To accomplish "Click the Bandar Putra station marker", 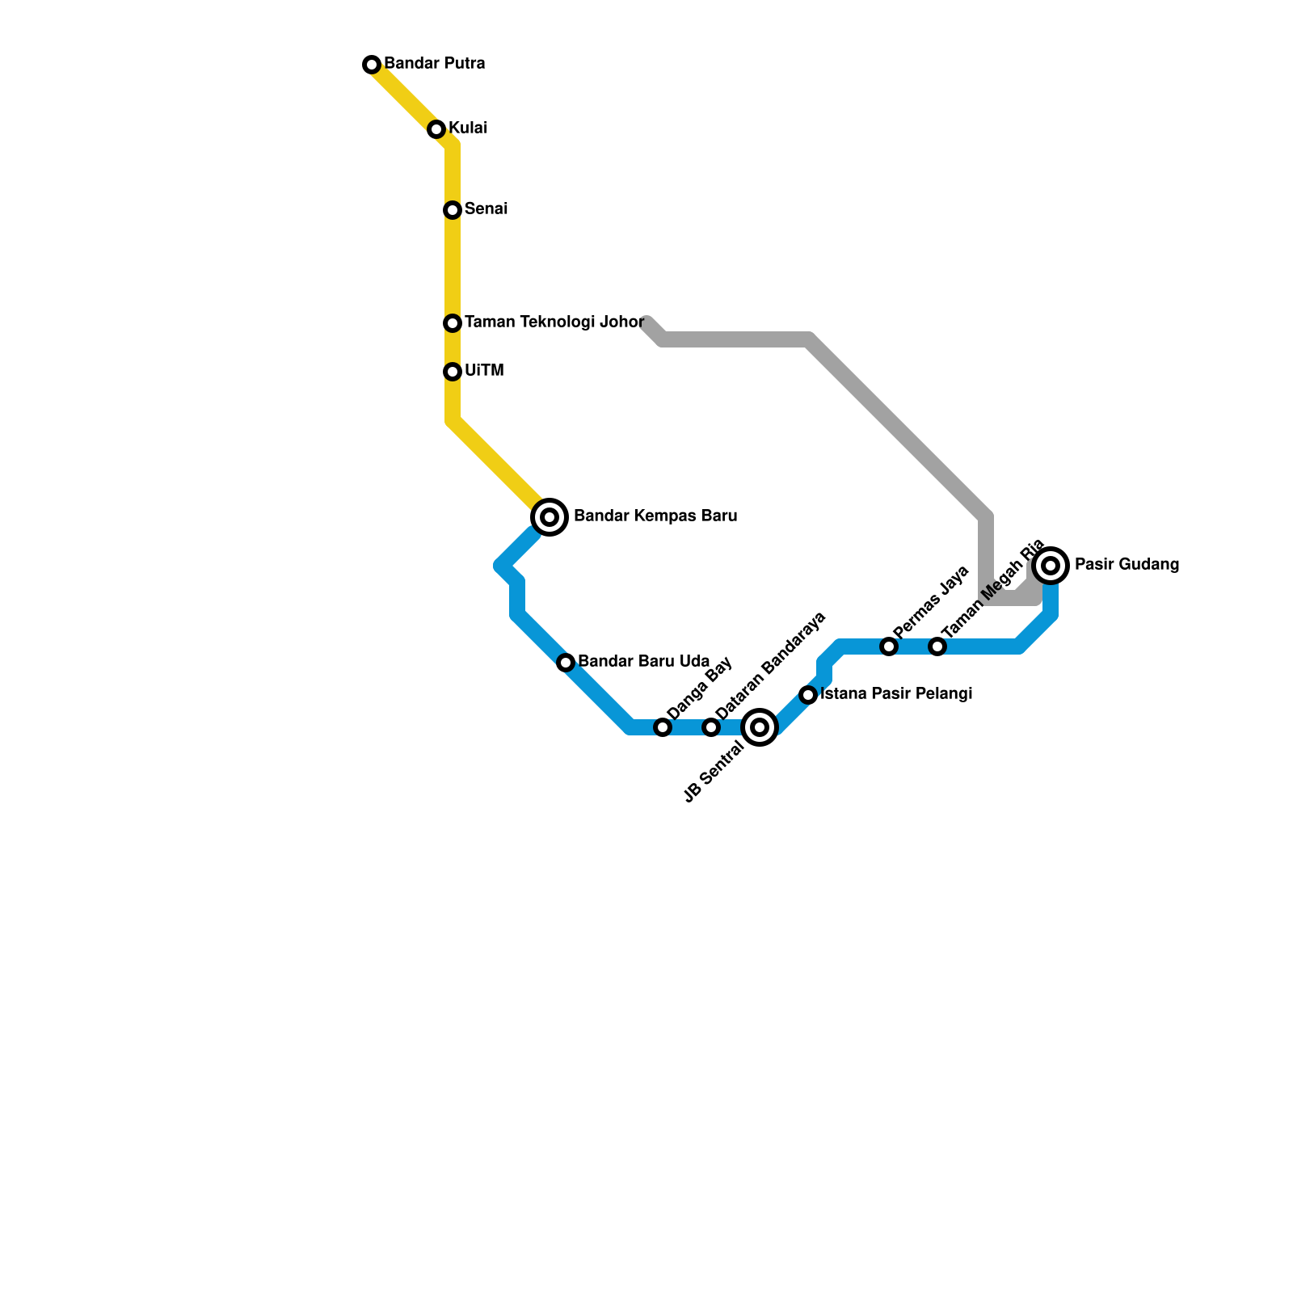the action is [x=372, y=65].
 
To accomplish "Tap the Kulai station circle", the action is [x=436, y=129].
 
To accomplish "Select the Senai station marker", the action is [x=453, y=210].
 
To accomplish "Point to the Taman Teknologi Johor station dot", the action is [x=453, y=323].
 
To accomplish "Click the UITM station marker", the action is [x=453, y=372].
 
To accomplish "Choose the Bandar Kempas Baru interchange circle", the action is [x=550, y=516].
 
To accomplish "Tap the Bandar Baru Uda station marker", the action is [x=566, y=663].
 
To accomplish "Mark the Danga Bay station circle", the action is [x=663, y=727].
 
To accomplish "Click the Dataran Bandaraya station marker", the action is [x=711, y=727].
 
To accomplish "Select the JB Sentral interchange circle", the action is [x=760, y=727].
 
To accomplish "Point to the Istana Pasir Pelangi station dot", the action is [x=808, y=695].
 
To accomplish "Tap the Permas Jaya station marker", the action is [x=889, y=646].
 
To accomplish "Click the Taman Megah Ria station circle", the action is [x=937, y=646].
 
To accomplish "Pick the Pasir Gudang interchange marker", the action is [x=1051, y=566].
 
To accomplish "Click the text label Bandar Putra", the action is [x=434, y=64].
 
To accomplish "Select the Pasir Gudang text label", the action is [x=1127, y=565].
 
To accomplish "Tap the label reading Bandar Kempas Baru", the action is [x=655, y=516].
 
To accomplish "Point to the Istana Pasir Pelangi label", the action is [x=895, y=694].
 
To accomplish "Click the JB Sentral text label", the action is [x=714, y=773].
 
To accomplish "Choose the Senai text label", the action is [x=486, y=209].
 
